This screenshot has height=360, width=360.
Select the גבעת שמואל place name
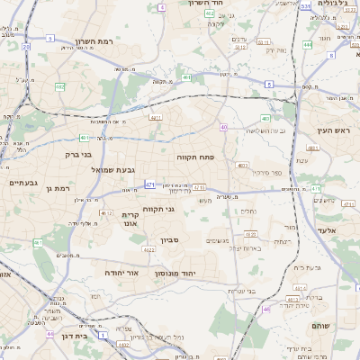pyautogui.click(x=112, y=168)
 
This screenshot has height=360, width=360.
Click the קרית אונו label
pyautogui.click(x=130, y=219)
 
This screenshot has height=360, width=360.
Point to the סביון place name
pyautogui.click(x=171, y=240)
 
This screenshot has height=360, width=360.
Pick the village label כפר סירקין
pyautogui.click(x=267, y=171)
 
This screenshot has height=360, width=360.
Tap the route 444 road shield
pyautogui.click(x=308, y=43)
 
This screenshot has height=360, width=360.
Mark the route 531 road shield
pyautogui.click(x=305, y=6)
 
